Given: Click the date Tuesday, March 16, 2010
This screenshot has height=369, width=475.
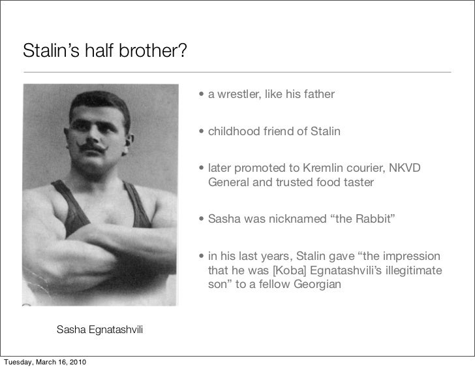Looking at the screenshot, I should coord(44,362).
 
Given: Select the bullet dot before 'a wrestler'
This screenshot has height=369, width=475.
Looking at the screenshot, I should coord(203,96).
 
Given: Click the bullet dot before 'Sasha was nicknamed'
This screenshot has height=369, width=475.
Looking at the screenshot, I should coord(203,219).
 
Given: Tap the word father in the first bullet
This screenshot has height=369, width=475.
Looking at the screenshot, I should coord(319,95).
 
